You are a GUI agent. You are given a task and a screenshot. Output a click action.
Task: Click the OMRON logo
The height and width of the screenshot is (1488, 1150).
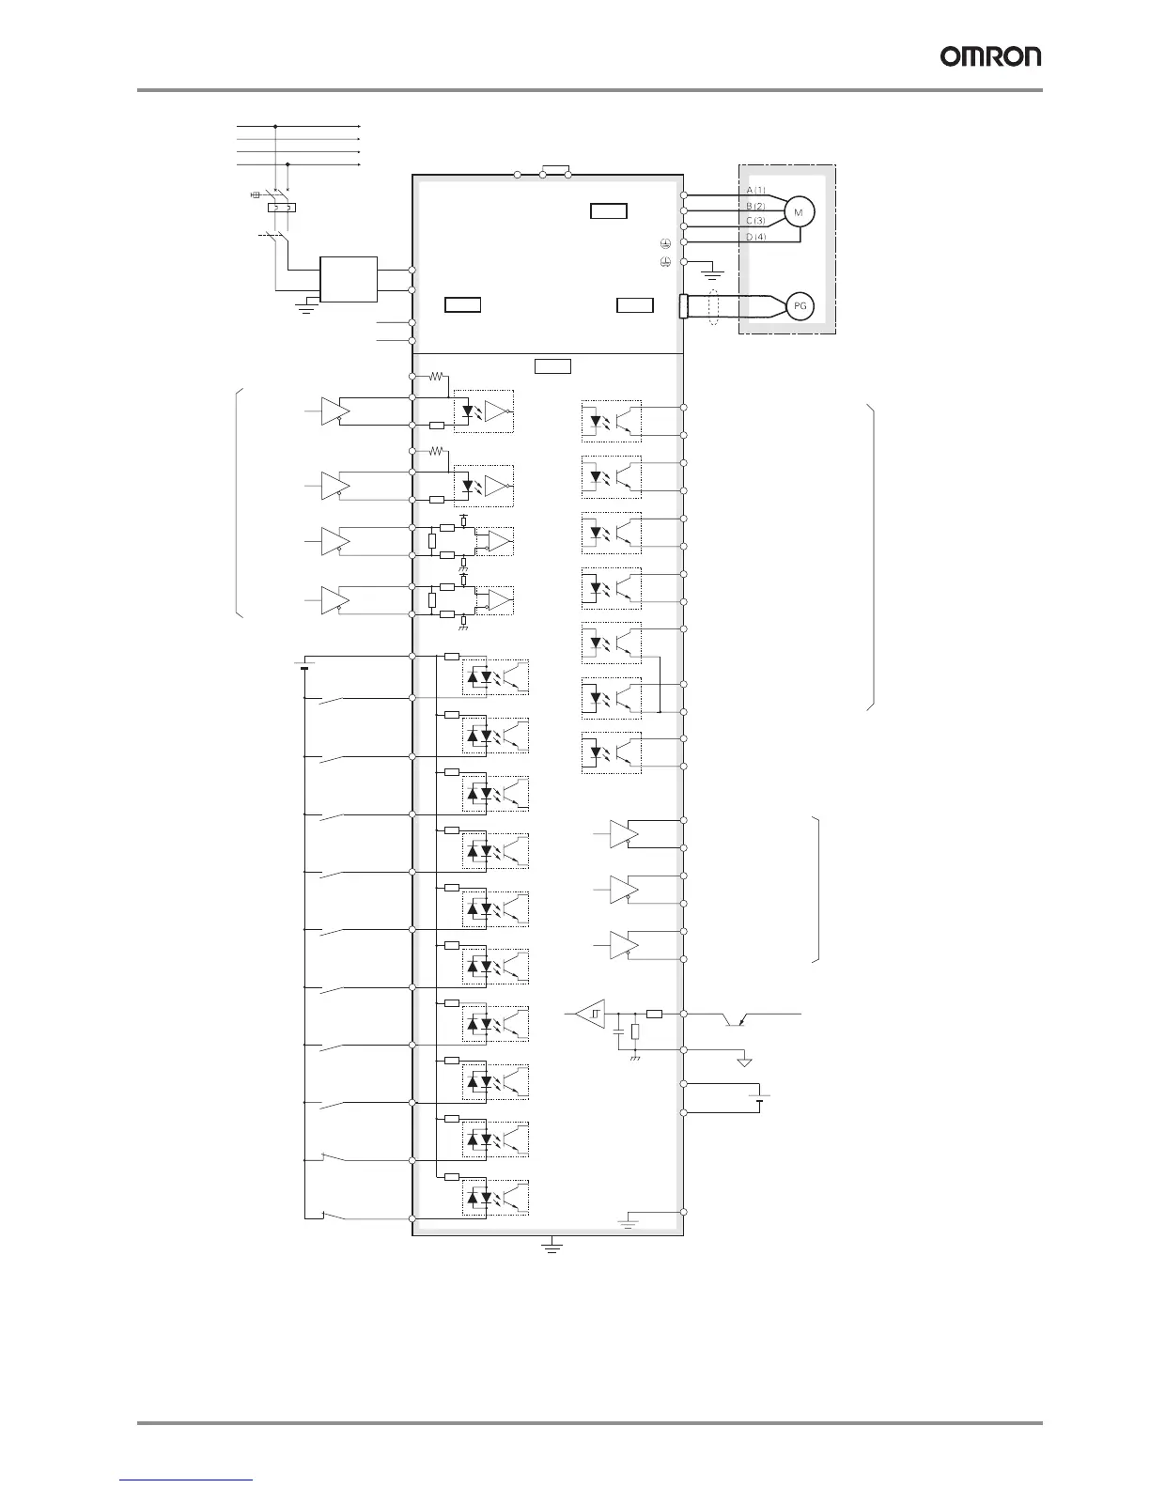coord(991,57)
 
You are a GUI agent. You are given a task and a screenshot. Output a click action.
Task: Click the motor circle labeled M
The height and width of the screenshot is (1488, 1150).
coord(799,213)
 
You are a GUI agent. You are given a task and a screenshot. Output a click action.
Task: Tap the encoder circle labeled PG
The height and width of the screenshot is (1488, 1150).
coord(799,306)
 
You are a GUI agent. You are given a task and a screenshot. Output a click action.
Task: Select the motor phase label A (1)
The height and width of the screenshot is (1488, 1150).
coord(755,191)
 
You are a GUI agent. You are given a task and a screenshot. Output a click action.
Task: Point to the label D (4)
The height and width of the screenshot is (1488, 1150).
coord(755,237)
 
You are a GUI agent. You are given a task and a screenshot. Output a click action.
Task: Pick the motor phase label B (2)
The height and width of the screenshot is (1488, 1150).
coord(755,206)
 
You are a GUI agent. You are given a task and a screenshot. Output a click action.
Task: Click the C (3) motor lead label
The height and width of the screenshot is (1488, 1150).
coord(755,221)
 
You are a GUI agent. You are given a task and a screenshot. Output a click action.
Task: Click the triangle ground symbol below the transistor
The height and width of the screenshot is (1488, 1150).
coord(744,1062)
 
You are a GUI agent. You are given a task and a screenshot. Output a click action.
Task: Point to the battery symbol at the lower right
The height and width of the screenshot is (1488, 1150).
coord(759,1096)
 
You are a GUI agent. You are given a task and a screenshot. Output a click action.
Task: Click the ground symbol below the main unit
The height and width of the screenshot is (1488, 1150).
coord(552,1248)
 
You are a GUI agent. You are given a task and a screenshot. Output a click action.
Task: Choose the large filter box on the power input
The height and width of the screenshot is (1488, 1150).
coord(349,280)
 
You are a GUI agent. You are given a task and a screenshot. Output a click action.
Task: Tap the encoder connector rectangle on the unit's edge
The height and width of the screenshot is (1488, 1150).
coord(684,306)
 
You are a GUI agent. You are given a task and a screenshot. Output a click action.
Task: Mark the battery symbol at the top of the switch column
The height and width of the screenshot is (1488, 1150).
coord(303,667)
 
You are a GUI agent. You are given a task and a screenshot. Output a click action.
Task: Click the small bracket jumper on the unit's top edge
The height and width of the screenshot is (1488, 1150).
coord(555,170)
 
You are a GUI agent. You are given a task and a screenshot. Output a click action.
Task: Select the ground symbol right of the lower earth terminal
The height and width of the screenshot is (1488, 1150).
coord(713,274)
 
